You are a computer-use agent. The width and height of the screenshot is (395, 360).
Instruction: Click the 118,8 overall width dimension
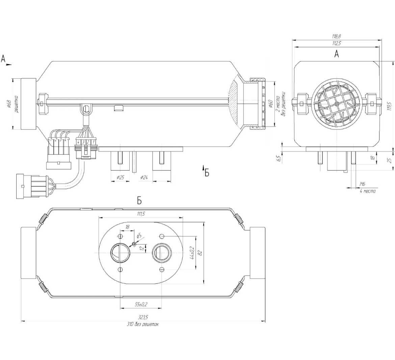point(336,36)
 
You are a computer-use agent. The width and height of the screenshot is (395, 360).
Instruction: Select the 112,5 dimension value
point(336,43)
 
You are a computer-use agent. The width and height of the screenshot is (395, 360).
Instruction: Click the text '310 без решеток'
point(142,324)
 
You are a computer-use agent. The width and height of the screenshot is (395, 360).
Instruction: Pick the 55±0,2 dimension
point(141,305)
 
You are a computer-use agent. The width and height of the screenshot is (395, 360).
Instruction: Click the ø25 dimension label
point(120,178)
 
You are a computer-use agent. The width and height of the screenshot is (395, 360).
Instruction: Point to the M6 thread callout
point(363,184)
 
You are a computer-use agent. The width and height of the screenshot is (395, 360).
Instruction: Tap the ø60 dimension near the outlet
point(270,104)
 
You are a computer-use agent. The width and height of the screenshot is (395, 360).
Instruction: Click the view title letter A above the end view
point(336,54)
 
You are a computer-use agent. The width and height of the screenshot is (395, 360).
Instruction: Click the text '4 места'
point(367,191)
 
